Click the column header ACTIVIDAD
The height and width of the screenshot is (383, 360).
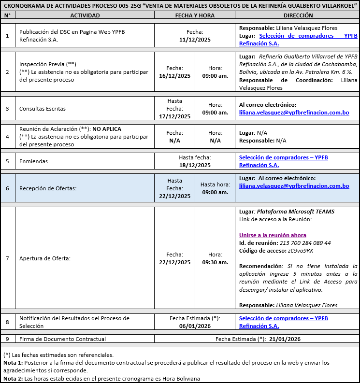coord(85,15)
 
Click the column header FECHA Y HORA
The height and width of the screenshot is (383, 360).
coord(194,15)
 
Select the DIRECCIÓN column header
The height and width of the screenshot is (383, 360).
coord(298,15)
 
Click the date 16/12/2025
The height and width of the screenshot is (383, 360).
coord(174,76)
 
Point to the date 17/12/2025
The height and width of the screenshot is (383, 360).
coord(174,116)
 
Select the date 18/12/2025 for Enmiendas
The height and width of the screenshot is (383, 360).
coord(195,165)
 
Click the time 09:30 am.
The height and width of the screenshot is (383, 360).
coord(215,262)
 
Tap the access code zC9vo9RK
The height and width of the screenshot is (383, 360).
coord(300,251)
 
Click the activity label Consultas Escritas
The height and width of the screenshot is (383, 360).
coord(43,109)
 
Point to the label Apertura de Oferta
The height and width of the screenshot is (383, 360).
coord(45,258)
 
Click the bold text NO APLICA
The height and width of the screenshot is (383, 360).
coord(107,129)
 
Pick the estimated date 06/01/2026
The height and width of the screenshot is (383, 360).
coord(195,326)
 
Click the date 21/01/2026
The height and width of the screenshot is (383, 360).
coord(285,339)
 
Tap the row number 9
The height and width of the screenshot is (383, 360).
coord(7,339)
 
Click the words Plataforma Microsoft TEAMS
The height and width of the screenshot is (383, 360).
coord(295,212)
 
